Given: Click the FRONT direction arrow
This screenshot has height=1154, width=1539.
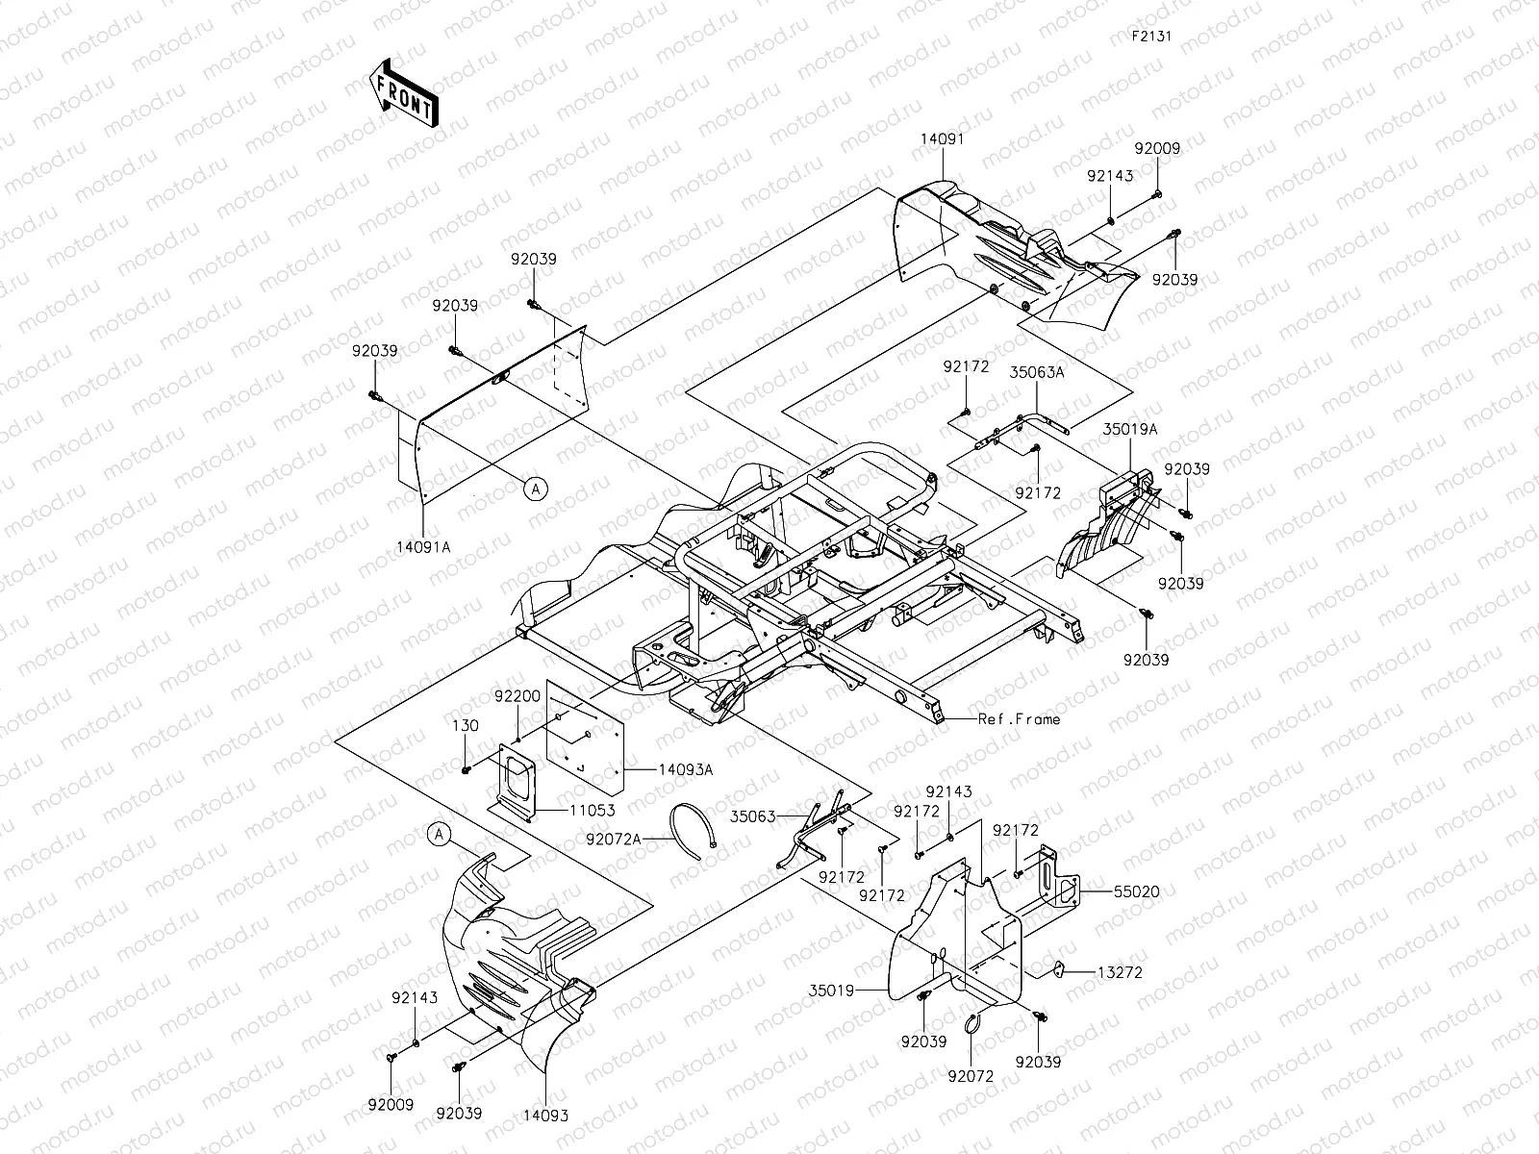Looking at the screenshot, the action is click(403, 92).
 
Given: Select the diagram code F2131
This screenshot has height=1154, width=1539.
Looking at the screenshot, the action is click(1151, 36).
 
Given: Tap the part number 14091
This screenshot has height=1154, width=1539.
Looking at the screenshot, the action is click(943, 138).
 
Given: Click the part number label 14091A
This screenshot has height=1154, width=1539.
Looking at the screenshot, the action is click(423, 547).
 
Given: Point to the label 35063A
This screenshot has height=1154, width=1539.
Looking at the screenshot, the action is click(1036, 373).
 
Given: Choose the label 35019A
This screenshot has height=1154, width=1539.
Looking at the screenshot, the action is click(1130, 430).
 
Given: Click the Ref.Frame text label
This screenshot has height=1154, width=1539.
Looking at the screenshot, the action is click(1019, 719).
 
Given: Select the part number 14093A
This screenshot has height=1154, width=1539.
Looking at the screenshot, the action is click(685, 769).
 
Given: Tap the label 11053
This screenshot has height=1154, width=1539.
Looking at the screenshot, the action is click(592, 811).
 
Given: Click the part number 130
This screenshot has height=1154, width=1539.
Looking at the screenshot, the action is click(466, 726).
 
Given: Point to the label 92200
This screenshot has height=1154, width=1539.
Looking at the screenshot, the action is click(517, 696).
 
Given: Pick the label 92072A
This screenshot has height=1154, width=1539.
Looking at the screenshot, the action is click(614, 839).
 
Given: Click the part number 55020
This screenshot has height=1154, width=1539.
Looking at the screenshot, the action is click(1137, 892).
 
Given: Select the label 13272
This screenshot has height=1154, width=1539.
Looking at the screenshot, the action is click(1120, 972).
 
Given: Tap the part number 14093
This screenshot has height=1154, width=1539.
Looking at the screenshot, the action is click(545, 1116).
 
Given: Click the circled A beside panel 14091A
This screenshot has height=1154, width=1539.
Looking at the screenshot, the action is click(536, 489).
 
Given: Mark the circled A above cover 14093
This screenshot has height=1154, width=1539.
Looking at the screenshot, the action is click(439, 835).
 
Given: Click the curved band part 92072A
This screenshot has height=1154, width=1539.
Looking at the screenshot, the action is click(692, 831).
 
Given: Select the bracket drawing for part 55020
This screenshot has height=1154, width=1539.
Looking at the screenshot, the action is click(1056, 879).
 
